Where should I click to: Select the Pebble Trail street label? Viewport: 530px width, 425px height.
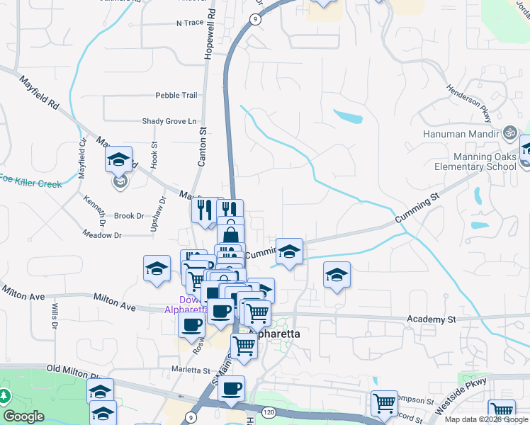coord(176,95)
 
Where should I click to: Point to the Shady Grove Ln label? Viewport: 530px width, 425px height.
coord(169,121)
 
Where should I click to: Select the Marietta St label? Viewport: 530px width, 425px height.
coord(191,370)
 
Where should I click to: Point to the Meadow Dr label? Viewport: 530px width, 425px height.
coord(102,234)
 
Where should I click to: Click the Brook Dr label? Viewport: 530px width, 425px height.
coord(129,216)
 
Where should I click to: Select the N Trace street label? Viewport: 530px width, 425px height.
coord(189,23)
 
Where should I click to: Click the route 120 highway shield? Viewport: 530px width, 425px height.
coord(268,412)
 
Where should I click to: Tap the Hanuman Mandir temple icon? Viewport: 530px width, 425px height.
coord(508,132)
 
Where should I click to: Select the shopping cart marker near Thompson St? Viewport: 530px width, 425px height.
coord(383,403)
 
